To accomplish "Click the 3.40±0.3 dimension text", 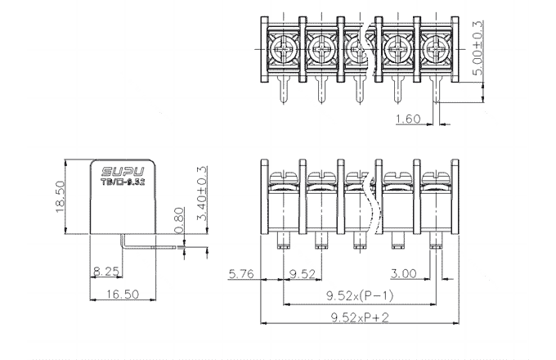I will pos(200,197).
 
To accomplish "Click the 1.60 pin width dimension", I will pos(407,119).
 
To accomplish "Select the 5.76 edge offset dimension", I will pos(242,272).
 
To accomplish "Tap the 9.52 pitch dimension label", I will pos(303,272).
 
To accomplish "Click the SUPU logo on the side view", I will pos(123,173).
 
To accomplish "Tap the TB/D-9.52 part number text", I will pos(123,183).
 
